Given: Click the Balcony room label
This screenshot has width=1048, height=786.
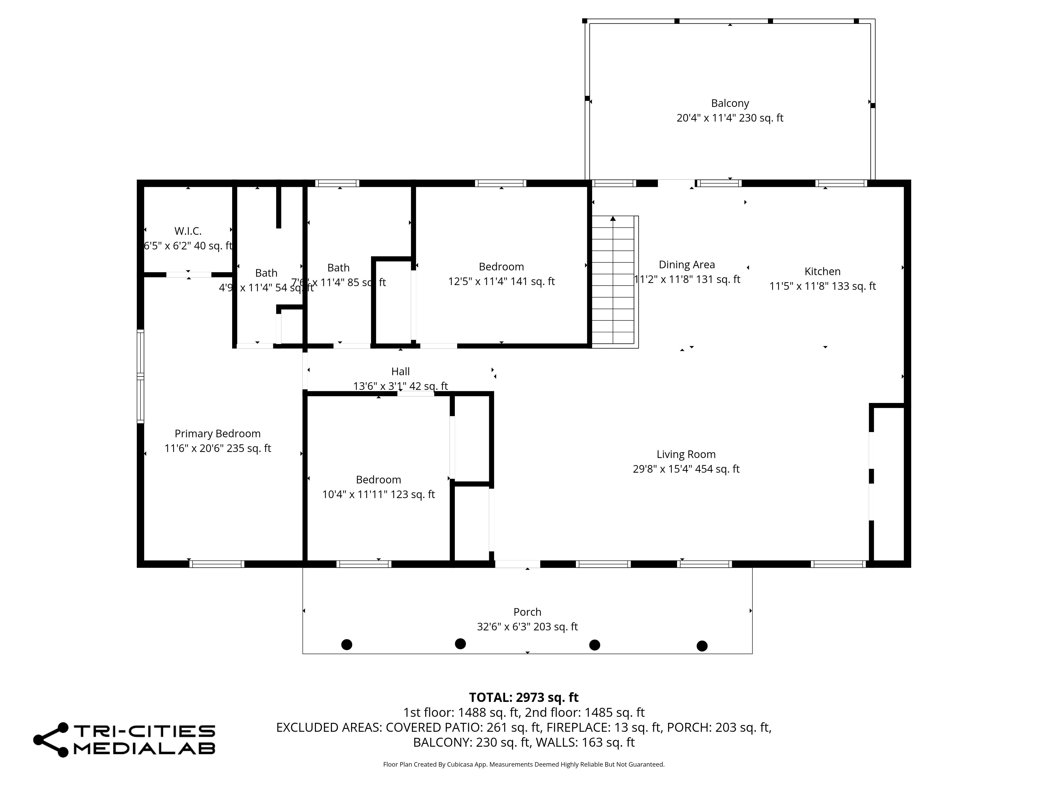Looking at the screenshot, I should [x=730, y=103].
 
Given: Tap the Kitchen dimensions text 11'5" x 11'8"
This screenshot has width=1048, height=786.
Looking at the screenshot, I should [x=822, y=286].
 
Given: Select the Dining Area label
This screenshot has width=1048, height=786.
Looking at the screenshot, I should [x=686, y=265].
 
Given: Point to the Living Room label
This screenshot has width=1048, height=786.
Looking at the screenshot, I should [x=686, y=454].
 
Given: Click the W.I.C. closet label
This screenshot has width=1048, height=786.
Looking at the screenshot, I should [x=188, y=231].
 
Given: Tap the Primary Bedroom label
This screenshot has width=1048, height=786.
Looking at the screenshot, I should [x=217, y=434].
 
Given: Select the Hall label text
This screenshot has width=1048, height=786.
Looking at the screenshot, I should [x=400, y=372].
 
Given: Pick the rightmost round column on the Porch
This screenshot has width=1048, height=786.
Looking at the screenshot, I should [x=702, y=646].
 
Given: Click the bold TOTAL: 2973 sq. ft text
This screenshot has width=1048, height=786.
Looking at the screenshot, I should [x=523, y=697].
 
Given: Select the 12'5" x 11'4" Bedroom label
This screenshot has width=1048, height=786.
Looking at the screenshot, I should [x=501, y=267].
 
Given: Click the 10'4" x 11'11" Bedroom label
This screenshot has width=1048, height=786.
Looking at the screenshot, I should [x=379, y=479].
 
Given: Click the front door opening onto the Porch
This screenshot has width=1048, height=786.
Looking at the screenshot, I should [x=517, y=564].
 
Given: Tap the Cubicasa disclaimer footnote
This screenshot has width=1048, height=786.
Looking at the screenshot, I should [x=523, y=764].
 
